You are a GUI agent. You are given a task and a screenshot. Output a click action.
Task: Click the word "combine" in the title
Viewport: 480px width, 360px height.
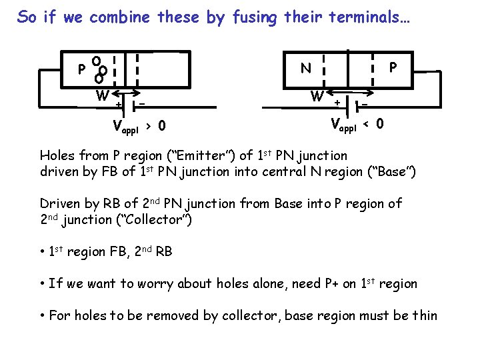(x=120, y=17)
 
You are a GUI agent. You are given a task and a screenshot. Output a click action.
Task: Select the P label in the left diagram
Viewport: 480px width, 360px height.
(x=81, y=69)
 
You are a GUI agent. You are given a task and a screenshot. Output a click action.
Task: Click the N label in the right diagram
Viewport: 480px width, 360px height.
(x=305, y=67)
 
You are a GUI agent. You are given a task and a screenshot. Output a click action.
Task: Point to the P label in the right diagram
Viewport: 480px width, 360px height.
(x=393, y=67)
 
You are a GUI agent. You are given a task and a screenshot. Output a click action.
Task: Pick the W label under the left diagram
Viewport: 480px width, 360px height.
(x=102, y=96)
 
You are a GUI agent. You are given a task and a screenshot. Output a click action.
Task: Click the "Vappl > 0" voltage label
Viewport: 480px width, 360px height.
(x=139, y=125)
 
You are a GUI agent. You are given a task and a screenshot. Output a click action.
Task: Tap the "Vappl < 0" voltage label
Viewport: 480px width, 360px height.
(x=357, y=124)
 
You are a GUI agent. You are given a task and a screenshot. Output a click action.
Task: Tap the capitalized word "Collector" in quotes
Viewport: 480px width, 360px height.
(x=156, y=219)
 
